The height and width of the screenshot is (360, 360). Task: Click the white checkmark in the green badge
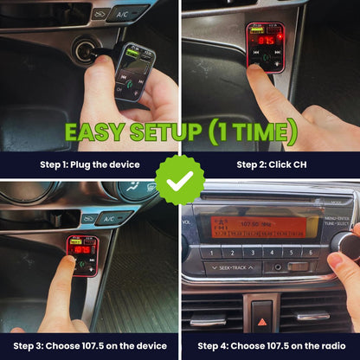click(x=180, y=180)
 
